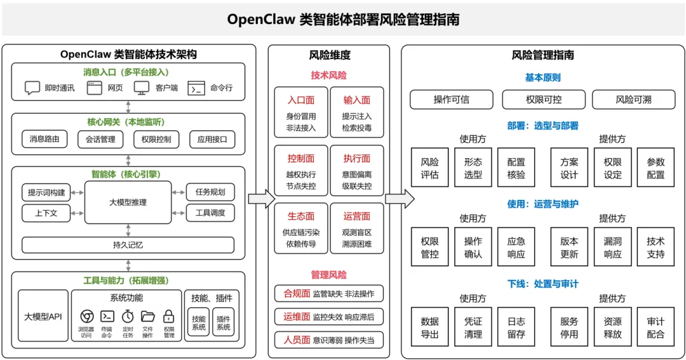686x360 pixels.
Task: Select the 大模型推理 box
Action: pos(128,203)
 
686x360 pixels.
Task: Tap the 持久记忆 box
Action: pos(128,244)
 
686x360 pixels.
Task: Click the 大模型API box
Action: pos(43,316)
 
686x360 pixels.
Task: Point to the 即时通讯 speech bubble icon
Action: pos(32,88)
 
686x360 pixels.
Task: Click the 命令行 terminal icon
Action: pos(196,88)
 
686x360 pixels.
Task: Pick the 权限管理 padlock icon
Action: pos(169,316)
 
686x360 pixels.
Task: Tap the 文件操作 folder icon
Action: pos(147,316)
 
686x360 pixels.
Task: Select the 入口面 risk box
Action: pos(301,112)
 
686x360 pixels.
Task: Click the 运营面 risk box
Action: pos(356,229)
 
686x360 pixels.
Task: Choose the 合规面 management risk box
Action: pos(329,293)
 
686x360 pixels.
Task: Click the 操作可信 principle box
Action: pos(452,100)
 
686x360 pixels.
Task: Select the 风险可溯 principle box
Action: pos(633,100)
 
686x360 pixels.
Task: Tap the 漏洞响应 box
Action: pos(612,247)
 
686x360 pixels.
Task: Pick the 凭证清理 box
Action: pos(473,327)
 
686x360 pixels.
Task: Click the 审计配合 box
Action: pos(656,327)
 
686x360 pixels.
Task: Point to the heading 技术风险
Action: pos(328,75)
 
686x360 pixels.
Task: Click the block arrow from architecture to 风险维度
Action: pos(261,199)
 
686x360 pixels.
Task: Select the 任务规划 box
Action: pos(210,192)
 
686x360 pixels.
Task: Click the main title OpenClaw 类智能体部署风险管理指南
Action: pos(343,20)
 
